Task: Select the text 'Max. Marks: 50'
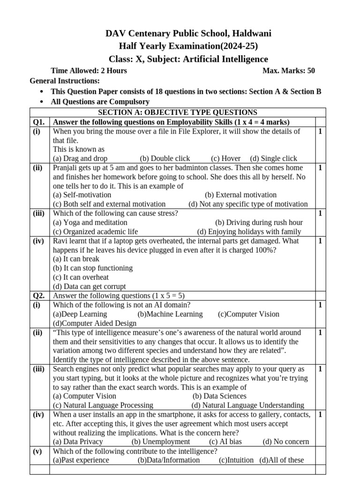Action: [289, 71]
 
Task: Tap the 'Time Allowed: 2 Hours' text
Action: [89, 71]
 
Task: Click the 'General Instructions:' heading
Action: [65, 81]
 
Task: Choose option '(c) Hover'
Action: [225, 158]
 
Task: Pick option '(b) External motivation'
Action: [240, 195]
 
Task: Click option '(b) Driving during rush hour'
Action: [259, 222]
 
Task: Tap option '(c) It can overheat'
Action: [81, 277]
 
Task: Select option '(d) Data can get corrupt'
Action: [89, 286]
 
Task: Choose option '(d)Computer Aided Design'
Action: [95, 323]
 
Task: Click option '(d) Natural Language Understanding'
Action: [247, 405]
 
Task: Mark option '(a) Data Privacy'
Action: [78, 442]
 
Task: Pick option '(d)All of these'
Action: [282, 460]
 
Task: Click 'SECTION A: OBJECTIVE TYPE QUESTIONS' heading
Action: [177, 112]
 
